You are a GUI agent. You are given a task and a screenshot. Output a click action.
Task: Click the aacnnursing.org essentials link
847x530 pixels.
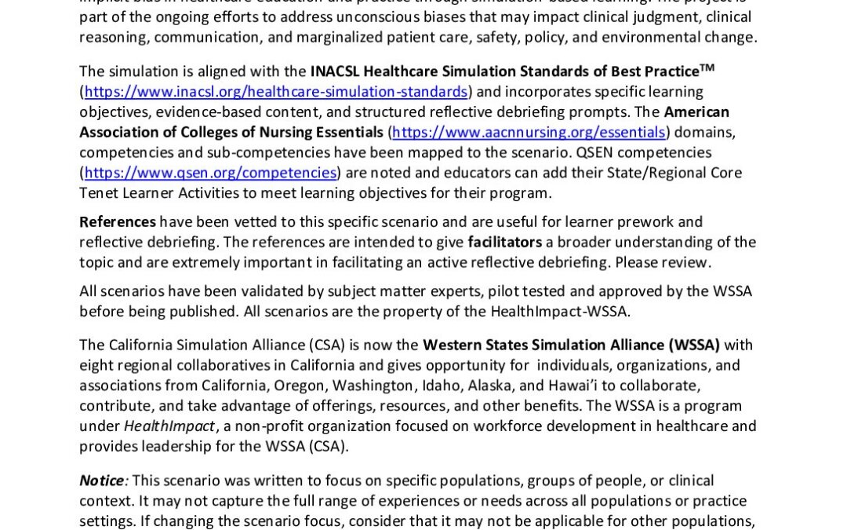click(x=529, y=132)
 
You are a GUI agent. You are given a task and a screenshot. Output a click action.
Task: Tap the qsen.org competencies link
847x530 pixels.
click(x=210, y=173)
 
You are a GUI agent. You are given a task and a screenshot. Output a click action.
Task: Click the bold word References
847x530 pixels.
click(x=118, y=221)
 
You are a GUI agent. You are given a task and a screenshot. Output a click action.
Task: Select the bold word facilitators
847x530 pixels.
click(x=505, y=242)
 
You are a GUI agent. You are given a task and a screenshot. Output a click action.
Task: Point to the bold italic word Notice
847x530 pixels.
click(x=102, y=481)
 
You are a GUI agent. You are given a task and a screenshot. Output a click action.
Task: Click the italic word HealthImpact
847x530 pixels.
click(x=169, y=426)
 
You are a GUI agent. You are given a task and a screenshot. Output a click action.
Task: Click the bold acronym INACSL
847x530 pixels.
click(x=336, y=71)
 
